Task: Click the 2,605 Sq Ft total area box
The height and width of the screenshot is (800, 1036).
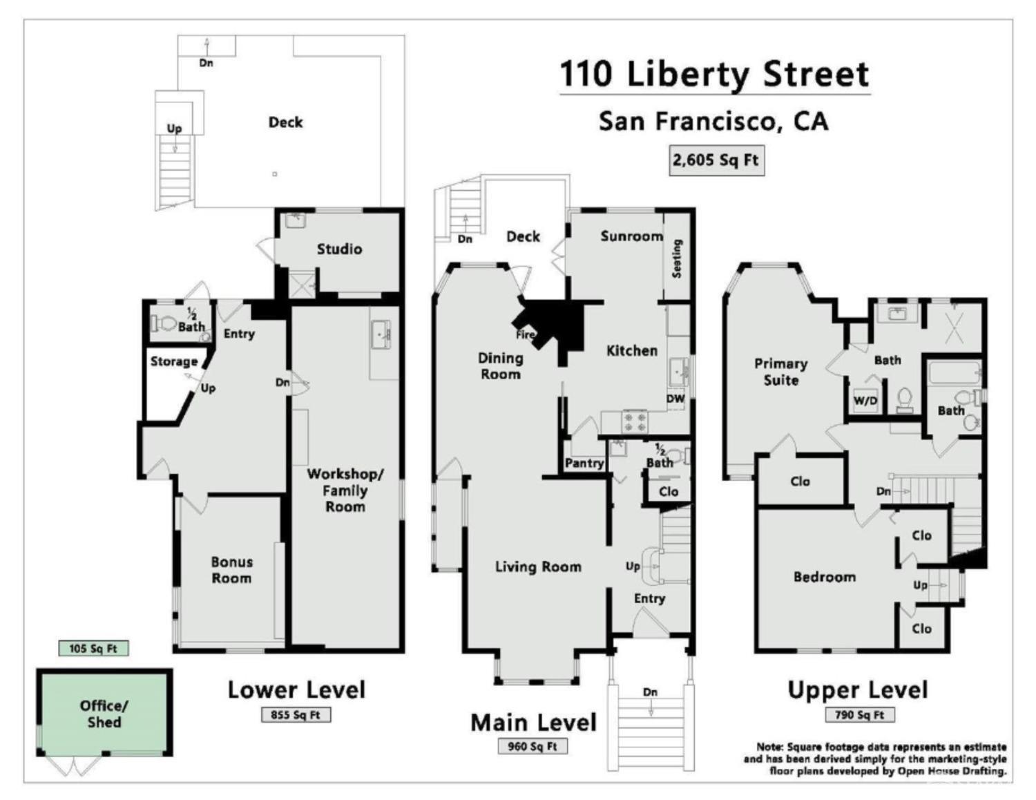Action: tap(716, 160)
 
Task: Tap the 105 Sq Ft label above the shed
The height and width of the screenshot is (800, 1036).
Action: tap(93, 648)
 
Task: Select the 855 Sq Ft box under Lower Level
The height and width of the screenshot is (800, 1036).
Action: tap(296, 715)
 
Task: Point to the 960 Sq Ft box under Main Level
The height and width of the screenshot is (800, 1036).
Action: tap(533, 746)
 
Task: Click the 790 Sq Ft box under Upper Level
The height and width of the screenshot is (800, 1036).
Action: tap(859, 715)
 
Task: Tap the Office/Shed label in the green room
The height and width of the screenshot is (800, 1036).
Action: tap(104, 714)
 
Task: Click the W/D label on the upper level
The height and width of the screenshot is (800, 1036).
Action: tap(865, 401)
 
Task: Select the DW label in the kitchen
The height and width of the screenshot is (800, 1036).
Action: tap(675, 399)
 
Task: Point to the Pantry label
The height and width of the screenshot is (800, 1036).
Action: tap(584, 463)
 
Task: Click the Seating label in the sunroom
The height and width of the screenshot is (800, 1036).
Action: tap(677, 258)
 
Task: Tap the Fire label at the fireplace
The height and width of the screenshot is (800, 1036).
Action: tap(526, 334)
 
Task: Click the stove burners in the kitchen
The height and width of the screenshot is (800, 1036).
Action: tap(635, 420)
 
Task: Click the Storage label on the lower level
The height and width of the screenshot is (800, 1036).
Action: tap(174, 361)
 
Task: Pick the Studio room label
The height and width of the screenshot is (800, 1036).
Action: tap(339, 249)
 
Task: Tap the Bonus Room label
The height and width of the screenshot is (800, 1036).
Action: tap(231, 570)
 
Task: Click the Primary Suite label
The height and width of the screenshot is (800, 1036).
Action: tap(780, 372)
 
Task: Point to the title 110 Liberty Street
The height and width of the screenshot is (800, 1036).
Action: tap(714, 74)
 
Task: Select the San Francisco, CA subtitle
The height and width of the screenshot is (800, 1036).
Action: tap(713, 122)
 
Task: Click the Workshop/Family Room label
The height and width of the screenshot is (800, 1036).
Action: tap(345, 490)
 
